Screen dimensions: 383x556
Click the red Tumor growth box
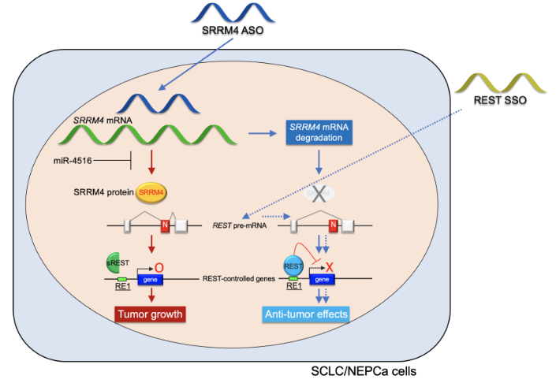(151, 314)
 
